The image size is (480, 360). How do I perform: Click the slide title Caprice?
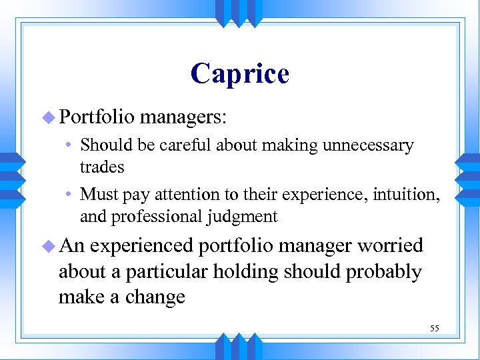click(x=239, y=73)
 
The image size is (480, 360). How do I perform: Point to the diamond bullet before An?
click(x=49, y=245)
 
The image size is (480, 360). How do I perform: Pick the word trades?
click(x=102, y=167)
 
